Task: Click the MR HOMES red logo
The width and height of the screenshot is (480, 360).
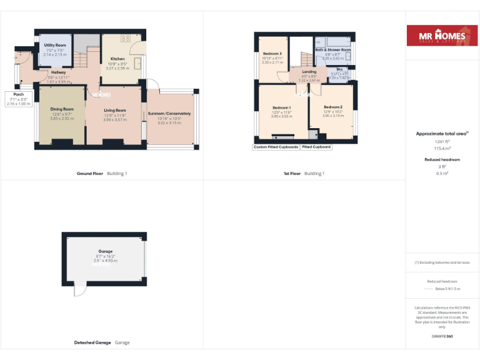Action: [x=437, y=36]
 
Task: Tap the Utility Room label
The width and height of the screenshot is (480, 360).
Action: [x=55, y=46]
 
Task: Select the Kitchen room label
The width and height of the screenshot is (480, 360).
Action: [x=117, y=59]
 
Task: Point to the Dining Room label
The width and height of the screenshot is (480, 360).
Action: [x=62, y=109]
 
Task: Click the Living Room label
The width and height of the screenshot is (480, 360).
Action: [x=114, y=110]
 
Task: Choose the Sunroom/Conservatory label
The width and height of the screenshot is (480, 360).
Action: [x=169, y=114]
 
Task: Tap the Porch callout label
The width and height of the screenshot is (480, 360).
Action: [x=19, y=94]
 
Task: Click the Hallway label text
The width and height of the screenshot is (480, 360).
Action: [x=58, y=72]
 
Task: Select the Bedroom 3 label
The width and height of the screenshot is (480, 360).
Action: [x=272, y=54]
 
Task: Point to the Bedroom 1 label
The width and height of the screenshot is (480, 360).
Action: [x=281, y=107]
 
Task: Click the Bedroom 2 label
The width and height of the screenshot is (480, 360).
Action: [x=333, y=107]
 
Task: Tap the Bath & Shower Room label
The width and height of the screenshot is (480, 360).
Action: [x=332, y=49]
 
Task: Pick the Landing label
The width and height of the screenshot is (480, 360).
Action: [x=309, y=72]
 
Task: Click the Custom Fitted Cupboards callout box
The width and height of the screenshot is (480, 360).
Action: [x=275, y=147]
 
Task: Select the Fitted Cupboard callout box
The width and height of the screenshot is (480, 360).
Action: [x=316, y=147]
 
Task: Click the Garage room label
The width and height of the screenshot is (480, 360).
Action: [x=105, y=251]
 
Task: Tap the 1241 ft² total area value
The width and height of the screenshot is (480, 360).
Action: [x=442, y=141]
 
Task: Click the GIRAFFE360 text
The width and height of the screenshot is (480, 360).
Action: [x=442, y=336]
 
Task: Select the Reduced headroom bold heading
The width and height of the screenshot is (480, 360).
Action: [x=442, y=159]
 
